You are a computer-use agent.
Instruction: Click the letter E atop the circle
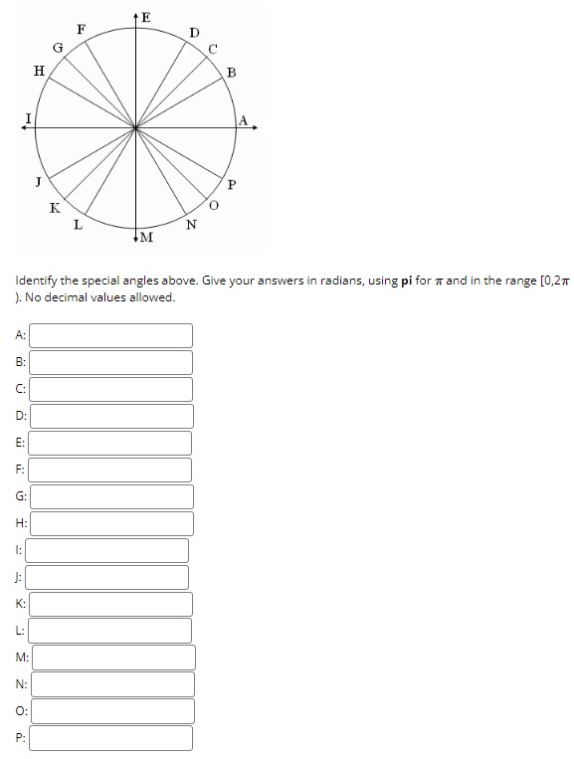tap(146, 16)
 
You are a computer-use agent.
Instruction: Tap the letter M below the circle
tap(146, 237)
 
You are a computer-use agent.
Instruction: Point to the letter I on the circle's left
tap(29, 118)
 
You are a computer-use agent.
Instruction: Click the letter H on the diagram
tap(39, 70)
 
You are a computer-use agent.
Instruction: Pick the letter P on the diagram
tap(232, 185)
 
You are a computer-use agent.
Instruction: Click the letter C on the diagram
tap(212, 49)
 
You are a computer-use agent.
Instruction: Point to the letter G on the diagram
tap(58, 47)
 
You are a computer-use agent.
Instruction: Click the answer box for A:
tap(110, 335)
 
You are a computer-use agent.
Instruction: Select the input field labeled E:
tap(110, 443)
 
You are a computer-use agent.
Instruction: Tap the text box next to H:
tap(110, 523)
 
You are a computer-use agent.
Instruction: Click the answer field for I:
tap(108, 550)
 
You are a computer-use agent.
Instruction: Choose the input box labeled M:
tap(113, 658)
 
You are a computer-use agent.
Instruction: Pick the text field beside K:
tap(110, 604)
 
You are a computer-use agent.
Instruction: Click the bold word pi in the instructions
tap(407, 282)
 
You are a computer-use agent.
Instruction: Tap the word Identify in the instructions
tap(40, 282)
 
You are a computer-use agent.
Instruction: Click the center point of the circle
tap(136, 126)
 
